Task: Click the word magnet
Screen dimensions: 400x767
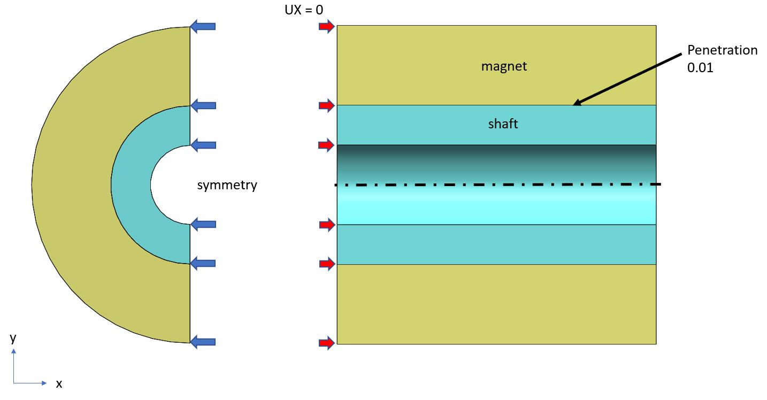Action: click(504, 66)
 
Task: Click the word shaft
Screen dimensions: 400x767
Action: click(503, 124)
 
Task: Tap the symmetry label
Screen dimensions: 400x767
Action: click(227, 186)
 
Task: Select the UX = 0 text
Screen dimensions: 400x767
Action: click(304, 9)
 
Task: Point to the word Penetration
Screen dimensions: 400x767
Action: click(722, 50)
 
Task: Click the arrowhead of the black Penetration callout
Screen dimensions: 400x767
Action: click(576, 103)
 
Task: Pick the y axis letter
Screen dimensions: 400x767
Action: click(13, 337)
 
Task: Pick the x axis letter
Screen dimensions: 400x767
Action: click(59, 383)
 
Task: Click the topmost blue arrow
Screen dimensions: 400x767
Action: click(203, 26)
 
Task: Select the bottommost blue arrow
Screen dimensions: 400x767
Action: click(203, 342)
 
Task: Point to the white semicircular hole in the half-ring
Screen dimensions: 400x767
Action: click(171, 184)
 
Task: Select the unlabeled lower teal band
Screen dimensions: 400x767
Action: click(496, 244)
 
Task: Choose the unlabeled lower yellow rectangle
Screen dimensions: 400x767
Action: click(496, 304)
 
